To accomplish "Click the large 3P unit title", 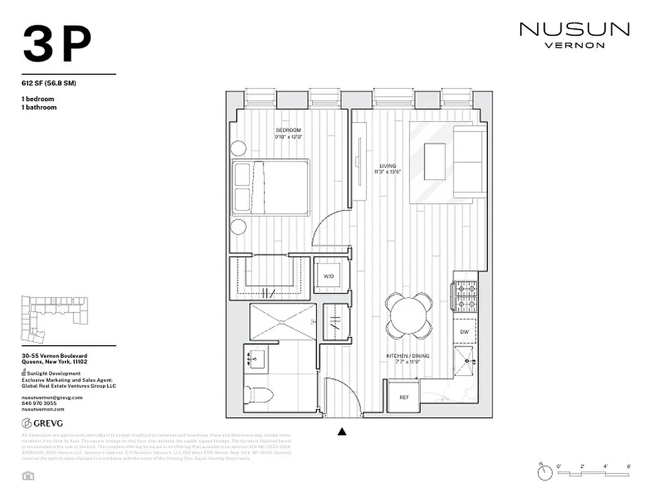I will click(x=57, y=45).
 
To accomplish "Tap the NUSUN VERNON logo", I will click(x=574, y=35).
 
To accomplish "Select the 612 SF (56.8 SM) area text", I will click(x=48, y=84).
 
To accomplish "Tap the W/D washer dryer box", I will click(x=329, y=276).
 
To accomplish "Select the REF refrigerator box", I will click(x=404, y=397).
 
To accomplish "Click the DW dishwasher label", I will click(x=464, y=331).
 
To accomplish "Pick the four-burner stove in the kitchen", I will click(x=465, y=297).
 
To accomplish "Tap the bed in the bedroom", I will click(x=270, y=187).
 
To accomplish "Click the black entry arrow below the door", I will click(x=342, y=431).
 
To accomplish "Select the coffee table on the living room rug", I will click(x=435, y=162).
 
